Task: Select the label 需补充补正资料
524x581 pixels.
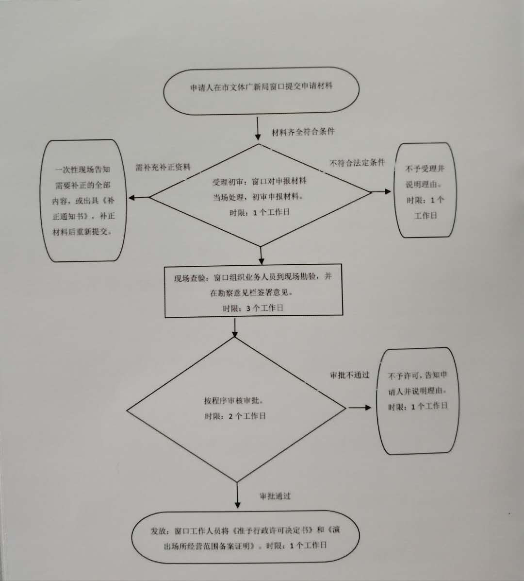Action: point(163,167)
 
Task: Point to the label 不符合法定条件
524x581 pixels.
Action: point(357,163)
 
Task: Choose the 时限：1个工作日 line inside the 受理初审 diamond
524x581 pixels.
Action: point(259,212)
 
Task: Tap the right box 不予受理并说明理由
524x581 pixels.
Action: point(425,191)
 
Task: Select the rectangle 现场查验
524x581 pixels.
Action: point(253,290)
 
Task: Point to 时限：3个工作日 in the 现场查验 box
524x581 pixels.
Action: point(253,308)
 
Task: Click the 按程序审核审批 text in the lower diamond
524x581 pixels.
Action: point(234,401)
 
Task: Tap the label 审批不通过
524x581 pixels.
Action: point(349,375)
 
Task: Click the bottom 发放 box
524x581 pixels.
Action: point(246,537)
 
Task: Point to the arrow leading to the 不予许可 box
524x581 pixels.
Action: point(360,408)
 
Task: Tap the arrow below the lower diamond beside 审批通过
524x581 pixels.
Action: point(237,495)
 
